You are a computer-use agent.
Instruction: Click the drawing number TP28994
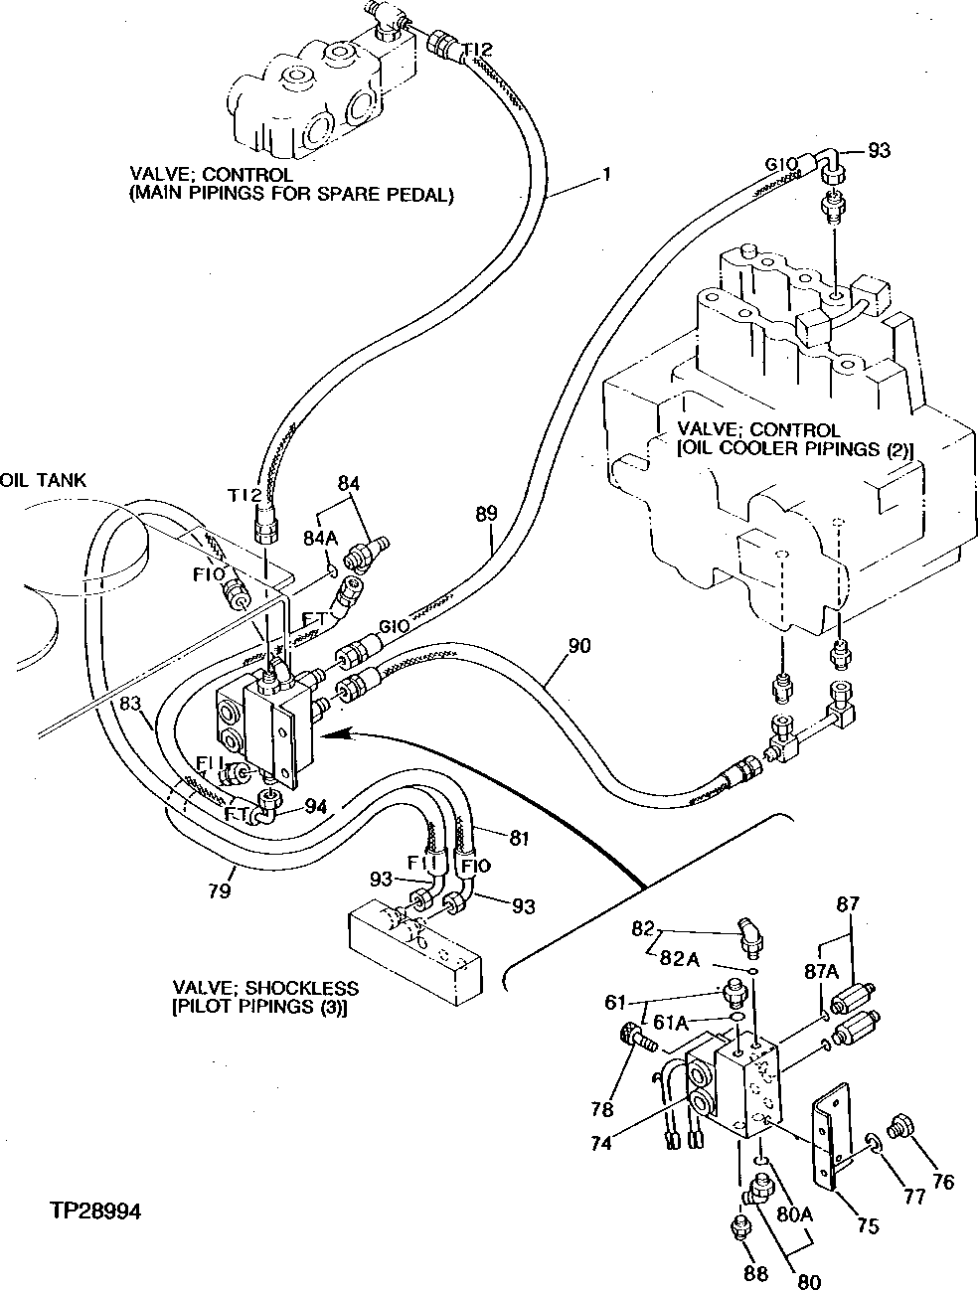[95, 1211]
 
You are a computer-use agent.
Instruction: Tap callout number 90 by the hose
[579, 647]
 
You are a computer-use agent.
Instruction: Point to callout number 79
[221, 890]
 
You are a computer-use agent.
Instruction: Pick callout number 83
[130, 703]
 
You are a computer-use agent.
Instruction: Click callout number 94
[315, 805]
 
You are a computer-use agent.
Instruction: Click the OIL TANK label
[44, 481]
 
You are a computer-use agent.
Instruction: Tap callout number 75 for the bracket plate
[868, 1226]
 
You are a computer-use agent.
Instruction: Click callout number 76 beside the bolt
[942, 1182]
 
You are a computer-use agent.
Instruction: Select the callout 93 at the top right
[878, 151]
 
